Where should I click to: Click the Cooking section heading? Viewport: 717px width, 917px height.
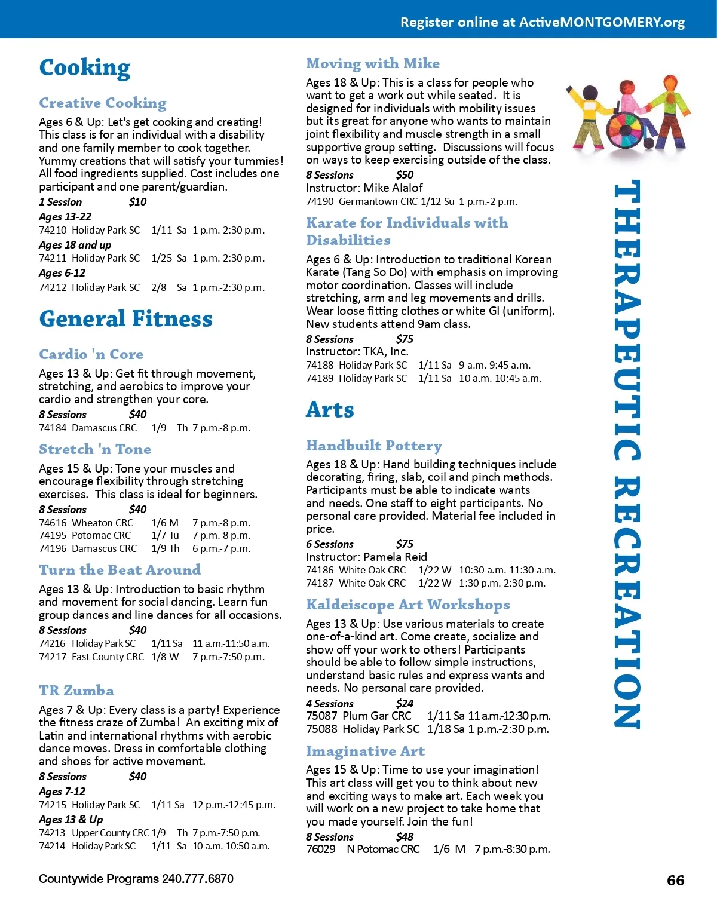coord(84,68)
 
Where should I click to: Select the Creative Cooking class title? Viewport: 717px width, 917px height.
coord(103,103)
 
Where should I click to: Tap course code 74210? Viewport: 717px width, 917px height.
coord(52,231)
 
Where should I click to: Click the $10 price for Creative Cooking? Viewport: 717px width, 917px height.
coord(137,202)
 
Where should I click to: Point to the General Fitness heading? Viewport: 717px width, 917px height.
coord(125,319)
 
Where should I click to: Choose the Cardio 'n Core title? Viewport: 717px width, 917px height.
coord(91,354)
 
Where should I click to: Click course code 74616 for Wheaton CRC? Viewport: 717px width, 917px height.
coord(52,523)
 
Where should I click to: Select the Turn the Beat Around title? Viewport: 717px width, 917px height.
coord(119,570)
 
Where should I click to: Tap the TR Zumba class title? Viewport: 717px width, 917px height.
coord(76,691)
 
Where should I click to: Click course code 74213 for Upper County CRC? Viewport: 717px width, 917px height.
coord(52,833)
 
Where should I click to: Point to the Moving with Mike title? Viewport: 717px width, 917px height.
coord(373,63)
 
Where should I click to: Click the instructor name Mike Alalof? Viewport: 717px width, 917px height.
coord(393,188)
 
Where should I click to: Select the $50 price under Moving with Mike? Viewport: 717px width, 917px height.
coord(405,175)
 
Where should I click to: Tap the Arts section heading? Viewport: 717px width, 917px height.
coord(330,410)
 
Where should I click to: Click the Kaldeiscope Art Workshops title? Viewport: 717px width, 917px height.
coord(407,605)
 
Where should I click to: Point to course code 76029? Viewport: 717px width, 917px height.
coord(321,849)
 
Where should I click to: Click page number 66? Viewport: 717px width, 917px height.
coord(675,881)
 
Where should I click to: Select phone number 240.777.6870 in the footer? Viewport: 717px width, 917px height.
coord(197,879)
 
